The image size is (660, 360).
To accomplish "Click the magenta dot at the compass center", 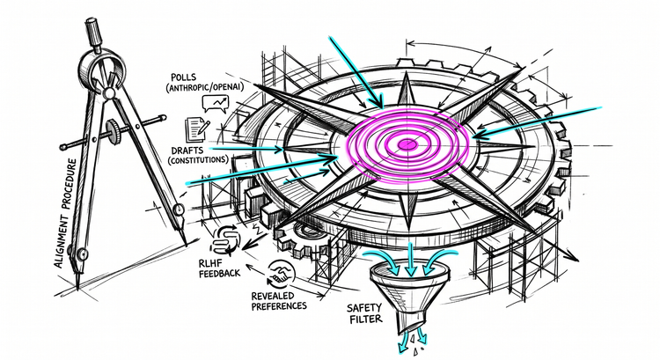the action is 407,144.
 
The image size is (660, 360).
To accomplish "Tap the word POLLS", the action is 183,77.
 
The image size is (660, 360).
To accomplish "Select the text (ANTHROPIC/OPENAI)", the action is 204,87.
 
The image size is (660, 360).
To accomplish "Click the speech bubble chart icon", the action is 215,103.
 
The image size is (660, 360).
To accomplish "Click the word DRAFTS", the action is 187,151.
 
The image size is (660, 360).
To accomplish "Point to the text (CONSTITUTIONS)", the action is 198,160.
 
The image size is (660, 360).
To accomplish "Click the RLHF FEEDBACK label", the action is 219,268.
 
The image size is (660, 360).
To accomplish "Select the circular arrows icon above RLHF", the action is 225,241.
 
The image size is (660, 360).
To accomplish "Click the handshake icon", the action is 282,273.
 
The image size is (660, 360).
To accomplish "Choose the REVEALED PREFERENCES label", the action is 279,301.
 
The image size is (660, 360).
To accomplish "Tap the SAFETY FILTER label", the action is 364,312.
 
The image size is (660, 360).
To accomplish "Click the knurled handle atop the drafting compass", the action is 93,32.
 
